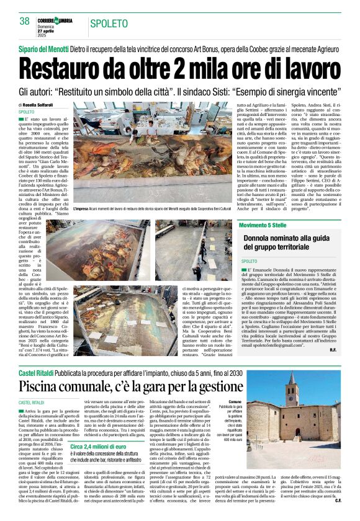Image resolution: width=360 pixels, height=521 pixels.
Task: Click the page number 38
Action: (x=25, y=21)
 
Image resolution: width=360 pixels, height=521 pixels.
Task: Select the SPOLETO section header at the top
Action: (x=109, y=24)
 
